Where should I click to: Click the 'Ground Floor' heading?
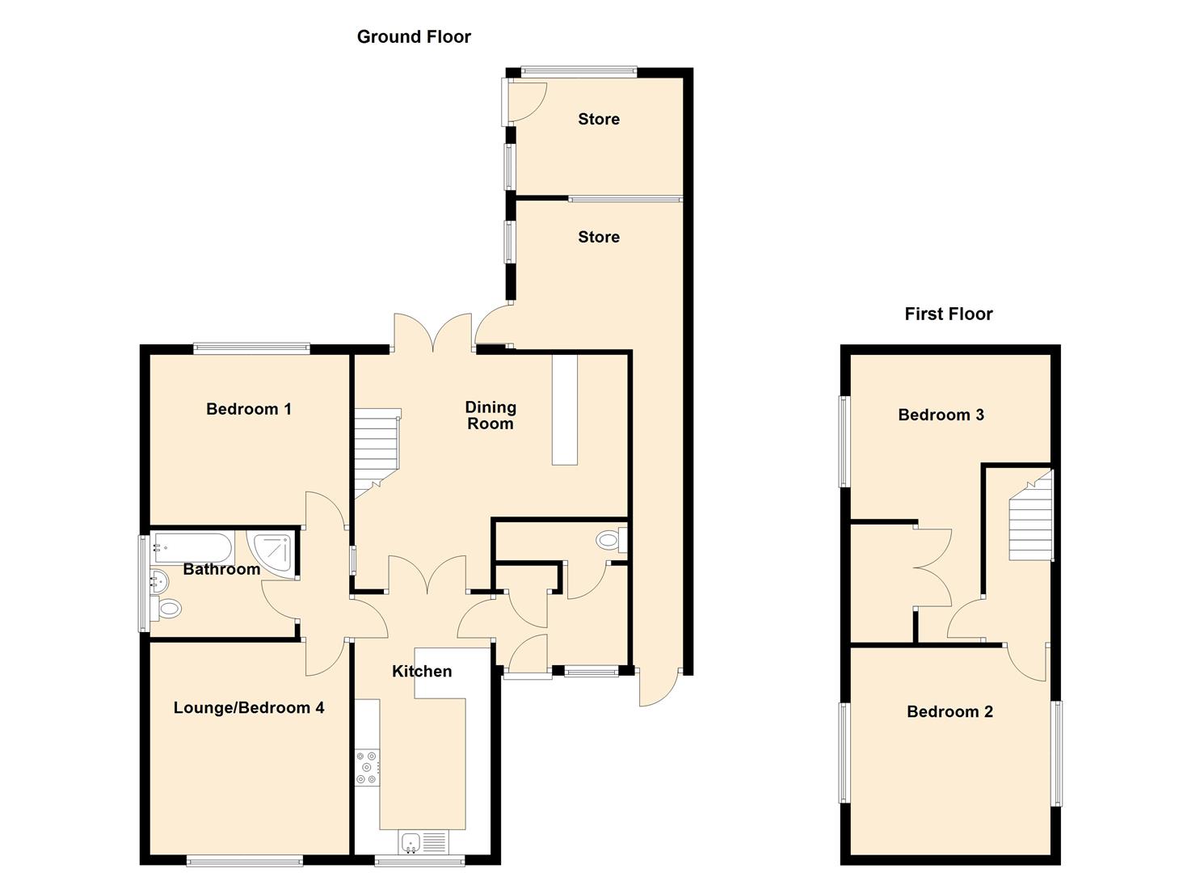pos(414,37)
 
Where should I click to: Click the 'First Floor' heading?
pos(948,314)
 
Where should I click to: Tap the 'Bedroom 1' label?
pos(248,409)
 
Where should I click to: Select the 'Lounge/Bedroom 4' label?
pos(249,708)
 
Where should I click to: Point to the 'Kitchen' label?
pos(421,671)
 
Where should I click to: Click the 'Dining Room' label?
pos(490,415)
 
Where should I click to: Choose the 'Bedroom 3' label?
pos(941,415)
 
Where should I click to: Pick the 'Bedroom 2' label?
pos(949,711)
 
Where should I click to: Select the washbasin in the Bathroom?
pos(160,580)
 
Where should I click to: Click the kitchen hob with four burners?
pos(368,768)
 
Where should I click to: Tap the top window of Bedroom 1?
pos(251,349)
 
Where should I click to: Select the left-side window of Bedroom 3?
pos(844,441)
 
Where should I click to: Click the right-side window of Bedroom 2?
pos(1055,753)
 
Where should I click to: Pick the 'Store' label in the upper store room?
pos(598,119)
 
